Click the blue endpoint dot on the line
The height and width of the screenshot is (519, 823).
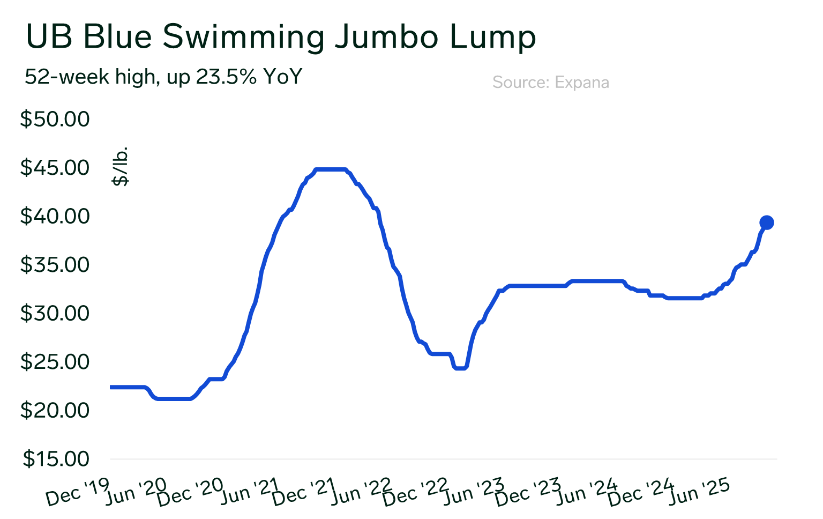766,223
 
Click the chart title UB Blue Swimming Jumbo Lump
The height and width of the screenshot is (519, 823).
281,36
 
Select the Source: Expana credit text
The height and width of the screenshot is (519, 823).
550,83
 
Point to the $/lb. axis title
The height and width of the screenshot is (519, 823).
121,166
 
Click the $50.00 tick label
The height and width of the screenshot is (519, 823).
55,119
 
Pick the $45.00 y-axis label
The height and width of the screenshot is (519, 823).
55,168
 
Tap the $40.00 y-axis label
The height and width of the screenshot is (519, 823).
55,216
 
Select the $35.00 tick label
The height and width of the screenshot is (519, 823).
55,265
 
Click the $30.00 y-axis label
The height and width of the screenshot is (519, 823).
55,313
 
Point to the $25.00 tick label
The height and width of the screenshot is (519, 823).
55,362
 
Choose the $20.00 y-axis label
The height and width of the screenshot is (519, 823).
55,410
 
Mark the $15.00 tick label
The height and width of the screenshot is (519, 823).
56,459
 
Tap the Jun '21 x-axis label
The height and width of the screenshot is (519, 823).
250,492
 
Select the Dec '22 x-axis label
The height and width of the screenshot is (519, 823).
415,492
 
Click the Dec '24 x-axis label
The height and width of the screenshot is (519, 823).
641,492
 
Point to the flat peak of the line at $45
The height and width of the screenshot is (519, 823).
330,169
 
